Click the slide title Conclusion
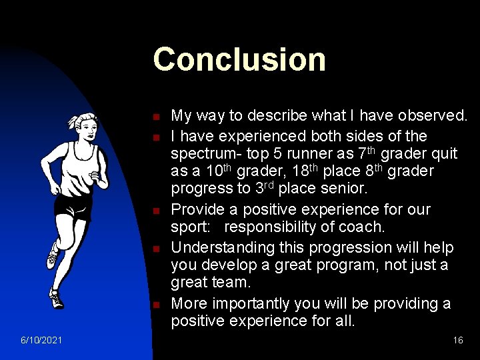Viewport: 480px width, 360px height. click(x=239, y=59)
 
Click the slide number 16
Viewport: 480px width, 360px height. click(x=458, y=341)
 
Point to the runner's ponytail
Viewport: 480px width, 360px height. click(x=73, y=123)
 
